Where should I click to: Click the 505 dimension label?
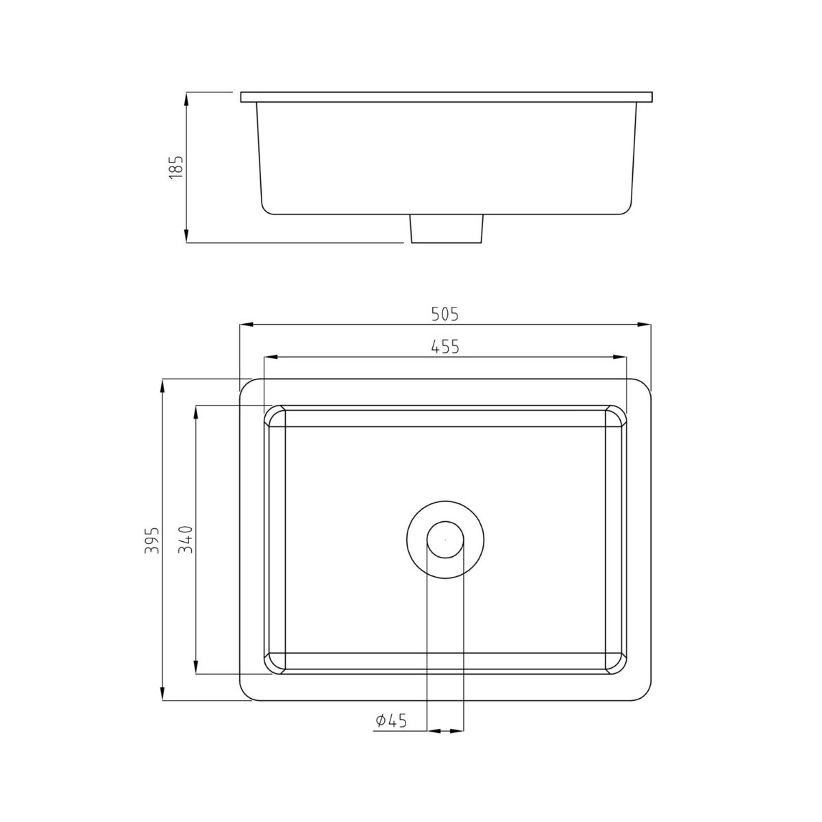click(445, 314)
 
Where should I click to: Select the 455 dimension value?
click(445, 347)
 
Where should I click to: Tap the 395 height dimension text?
click(152, 540)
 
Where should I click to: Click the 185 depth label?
click(176, 167)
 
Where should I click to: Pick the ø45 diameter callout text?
click(391, 721)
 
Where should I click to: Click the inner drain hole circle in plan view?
click(445, 539)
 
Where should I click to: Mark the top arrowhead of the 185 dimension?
click(186, 98)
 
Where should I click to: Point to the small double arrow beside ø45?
click(445, 732)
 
